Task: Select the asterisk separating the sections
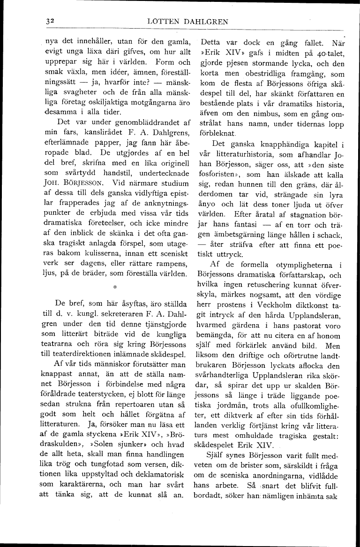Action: tap(114, 285)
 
